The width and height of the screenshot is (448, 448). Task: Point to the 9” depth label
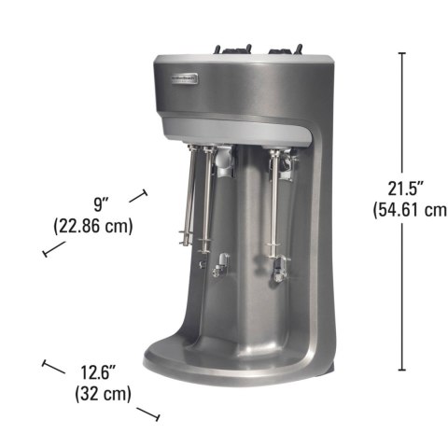103,203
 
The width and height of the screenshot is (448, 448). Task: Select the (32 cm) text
103,395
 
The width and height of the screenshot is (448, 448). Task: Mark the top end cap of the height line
401,53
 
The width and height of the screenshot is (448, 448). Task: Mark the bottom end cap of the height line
401,371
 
